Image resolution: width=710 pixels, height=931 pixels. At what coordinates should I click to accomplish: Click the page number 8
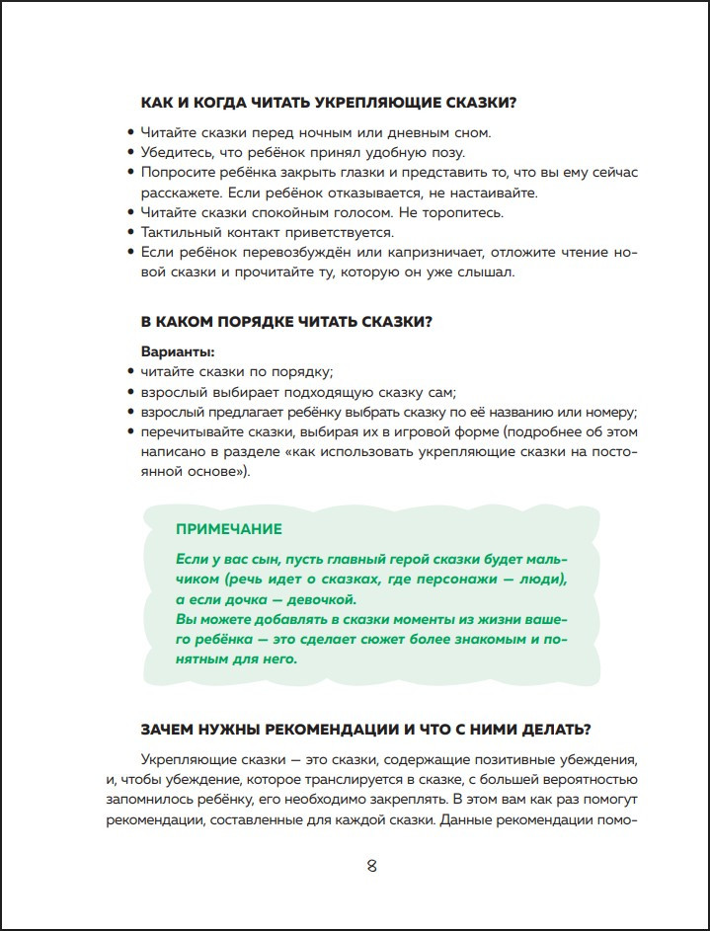click(x=371, y=867)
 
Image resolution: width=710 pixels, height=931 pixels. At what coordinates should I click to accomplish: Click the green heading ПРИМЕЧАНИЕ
click(x=228, y=529)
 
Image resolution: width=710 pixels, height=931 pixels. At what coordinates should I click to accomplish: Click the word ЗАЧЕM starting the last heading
click(x=174, y=730)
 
